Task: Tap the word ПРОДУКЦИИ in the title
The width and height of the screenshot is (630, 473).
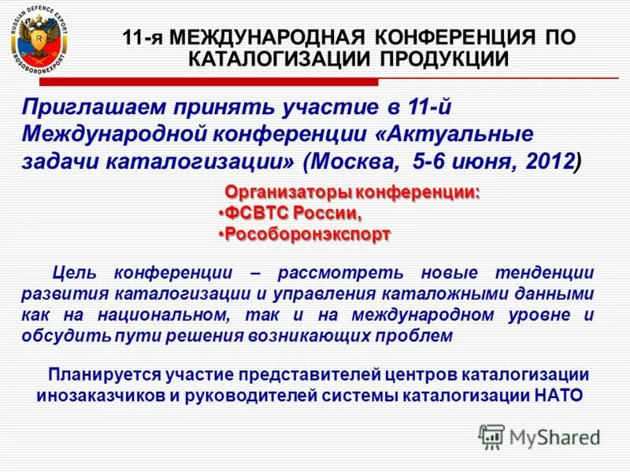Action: [441, 58]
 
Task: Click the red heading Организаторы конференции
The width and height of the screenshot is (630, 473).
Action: [353, 192]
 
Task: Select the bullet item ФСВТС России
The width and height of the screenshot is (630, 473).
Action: [292, 213]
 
